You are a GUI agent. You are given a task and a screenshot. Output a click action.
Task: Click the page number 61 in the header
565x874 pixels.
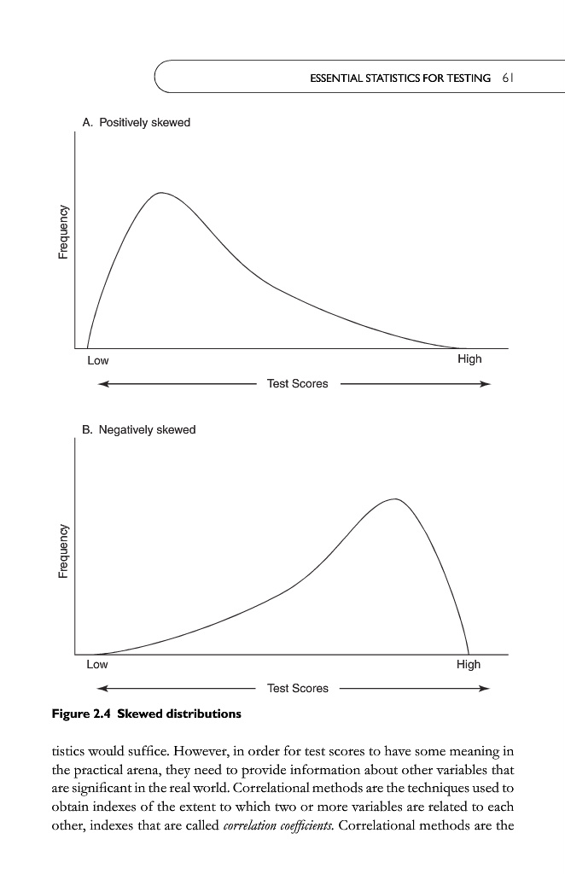tap(507, 78)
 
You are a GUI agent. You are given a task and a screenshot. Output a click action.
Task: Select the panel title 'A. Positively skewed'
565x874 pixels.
tap(137, 123)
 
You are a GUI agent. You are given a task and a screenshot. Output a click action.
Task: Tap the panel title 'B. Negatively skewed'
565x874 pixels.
tap(139, 429)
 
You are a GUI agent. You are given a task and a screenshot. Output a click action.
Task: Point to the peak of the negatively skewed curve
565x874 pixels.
tap(395, 498)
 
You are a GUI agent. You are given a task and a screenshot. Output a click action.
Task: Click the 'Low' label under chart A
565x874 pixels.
tap(98, 360)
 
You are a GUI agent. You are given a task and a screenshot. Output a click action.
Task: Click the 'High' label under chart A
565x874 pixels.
tap(469, 359)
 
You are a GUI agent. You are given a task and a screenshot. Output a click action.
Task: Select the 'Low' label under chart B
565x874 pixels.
tap(97, 665)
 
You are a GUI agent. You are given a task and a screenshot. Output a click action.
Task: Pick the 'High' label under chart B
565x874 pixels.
tap(469, 664)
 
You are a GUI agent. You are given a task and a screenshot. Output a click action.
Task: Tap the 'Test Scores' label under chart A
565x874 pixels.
tap(297, 384)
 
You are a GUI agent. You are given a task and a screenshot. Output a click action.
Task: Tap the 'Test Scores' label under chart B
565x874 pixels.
tap(297, 689)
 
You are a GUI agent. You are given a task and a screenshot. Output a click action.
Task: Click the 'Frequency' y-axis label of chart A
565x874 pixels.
tap(63, 233)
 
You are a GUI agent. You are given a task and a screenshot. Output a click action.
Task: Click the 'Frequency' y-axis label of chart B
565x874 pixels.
tap(63, 551)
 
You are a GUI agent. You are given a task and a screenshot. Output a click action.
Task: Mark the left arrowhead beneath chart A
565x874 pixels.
tap(103, 384)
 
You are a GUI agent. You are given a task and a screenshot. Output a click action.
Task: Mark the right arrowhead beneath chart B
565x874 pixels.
tap(485, 689)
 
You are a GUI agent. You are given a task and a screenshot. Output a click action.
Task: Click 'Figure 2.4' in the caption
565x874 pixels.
tap(84, 714)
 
